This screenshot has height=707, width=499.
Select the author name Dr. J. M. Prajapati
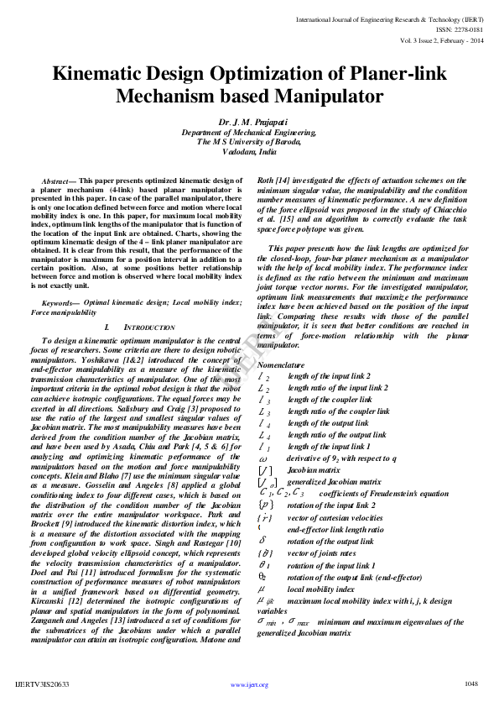click(x=249, y=122)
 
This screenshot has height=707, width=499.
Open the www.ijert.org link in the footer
click(x=249, y=685)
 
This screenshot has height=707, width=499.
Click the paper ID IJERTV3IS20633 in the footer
click(x=42, y=684)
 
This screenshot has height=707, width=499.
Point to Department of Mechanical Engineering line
click(x=249, y=132)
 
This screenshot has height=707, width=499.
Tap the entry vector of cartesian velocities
click(x=335, y=518)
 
